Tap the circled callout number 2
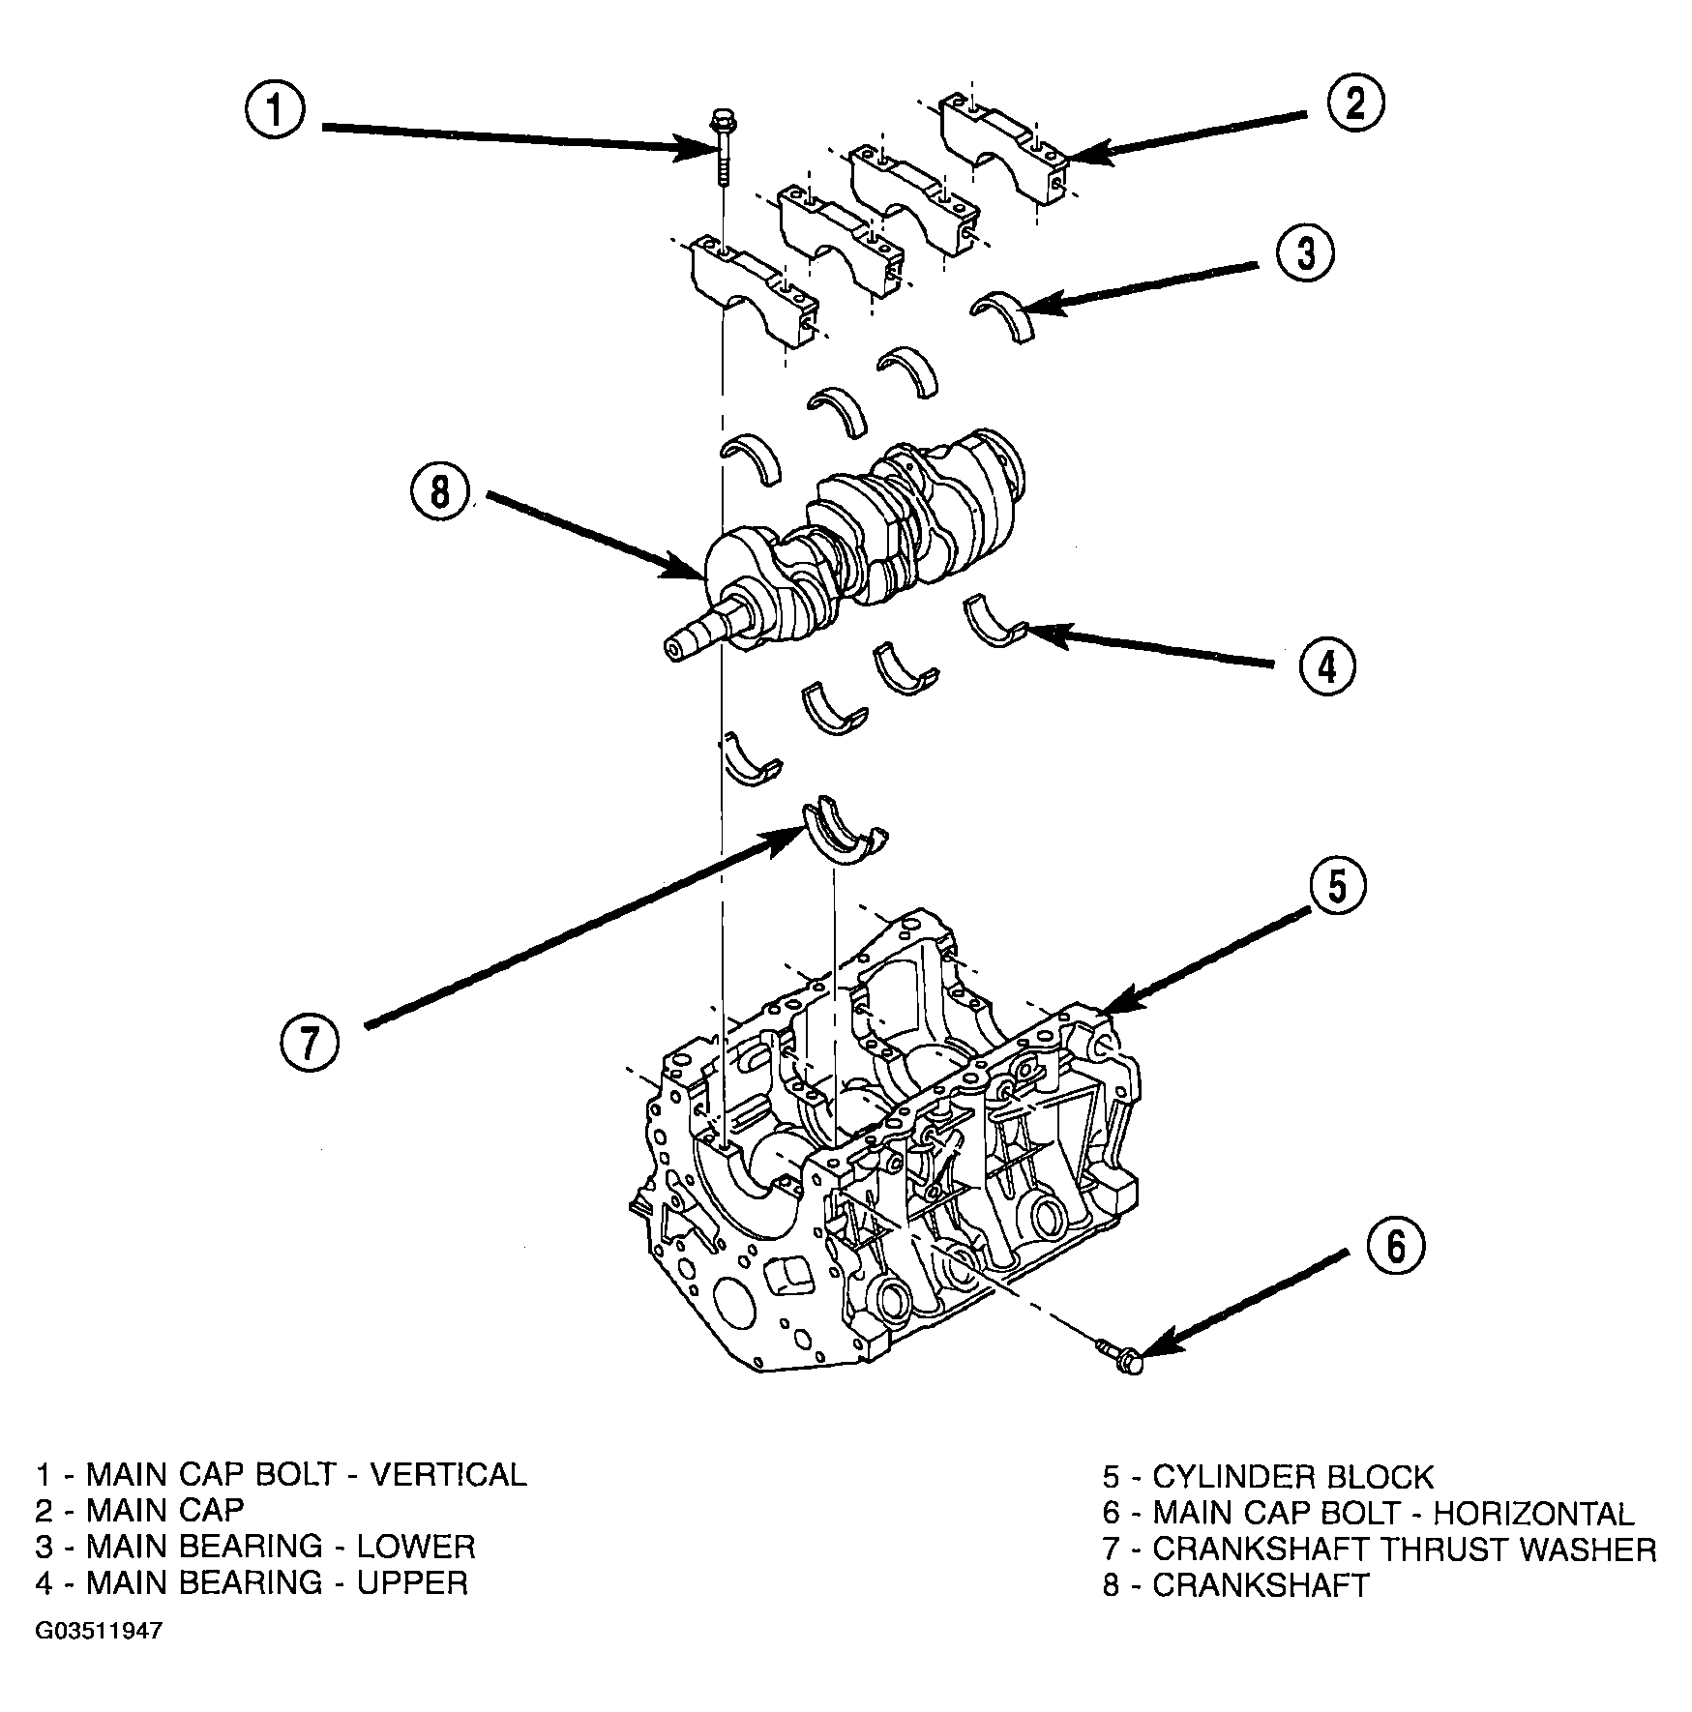pos(1353,103)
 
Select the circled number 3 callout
pos(1304,253)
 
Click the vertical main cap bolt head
pos(721,122)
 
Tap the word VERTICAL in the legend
pos(450,1474)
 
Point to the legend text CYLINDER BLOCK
pos(1292,1478)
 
